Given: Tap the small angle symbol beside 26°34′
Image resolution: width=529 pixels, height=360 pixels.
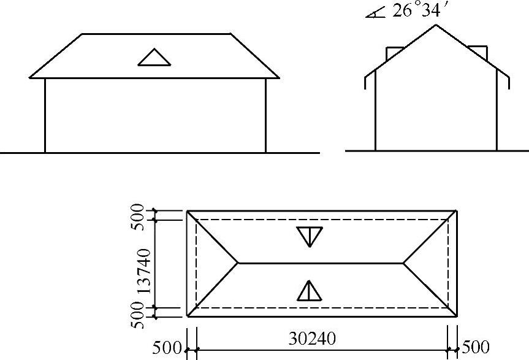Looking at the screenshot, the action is [x=376, y=14].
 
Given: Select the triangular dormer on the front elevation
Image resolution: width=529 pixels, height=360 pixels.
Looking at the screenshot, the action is [x=154, y=58].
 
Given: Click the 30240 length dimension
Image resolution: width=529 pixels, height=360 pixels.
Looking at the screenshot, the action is [x=312, y=339].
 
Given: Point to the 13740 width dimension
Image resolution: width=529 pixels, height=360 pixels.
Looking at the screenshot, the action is [x=145, y=271].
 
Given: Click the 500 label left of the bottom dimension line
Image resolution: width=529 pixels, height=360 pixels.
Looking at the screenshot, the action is [x=167, y=348].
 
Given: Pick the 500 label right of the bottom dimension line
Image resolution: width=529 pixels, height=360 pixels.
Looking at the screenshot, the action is [x=475, y=347].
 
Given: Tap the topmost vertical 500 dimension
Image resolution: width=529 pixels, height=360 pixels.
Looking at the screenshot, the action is [x=137, y=217].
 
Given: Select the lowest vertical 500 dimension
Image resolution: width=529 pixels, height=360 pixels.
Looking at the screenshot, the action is [x=137, y=315].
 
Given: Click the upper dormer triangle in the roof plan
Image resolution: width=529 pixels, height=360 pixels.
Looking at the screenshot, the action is [x=310, y=236].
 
